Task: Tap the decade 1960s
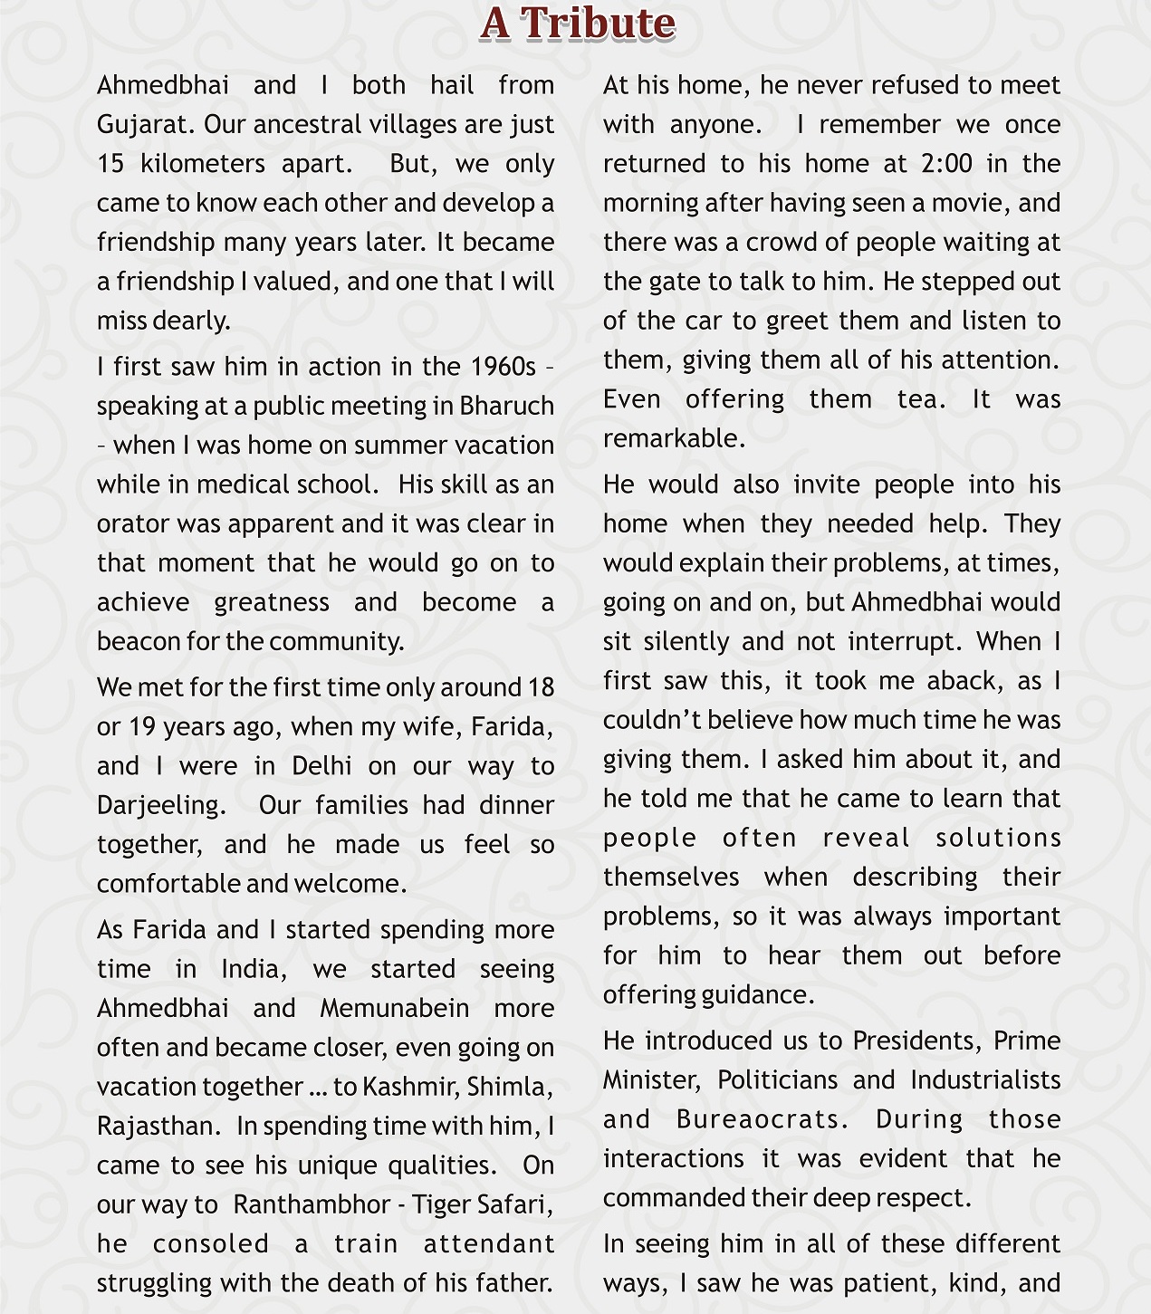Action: coord(504,367)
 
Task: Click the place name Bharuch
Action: coord(506,406)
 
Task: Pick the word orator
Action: coord(133,524)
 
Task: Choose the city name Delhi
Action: coord(321,766)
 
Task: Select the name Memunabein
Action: coord(395,1009)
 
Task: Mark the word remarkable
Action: coord(674,438)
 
